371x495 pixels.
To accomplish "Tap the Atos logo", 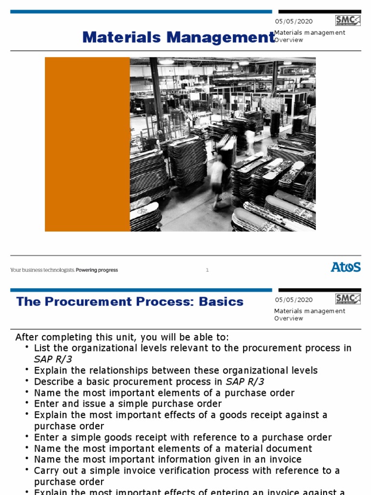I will click(345, 267).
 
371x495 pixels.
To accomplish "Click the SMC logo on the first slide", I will click(348, 20).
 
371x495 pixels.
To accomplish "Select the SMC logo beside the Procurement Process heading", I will click(348, 299).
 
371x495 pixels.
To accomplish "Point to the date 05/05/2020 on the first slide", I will click(294, 21).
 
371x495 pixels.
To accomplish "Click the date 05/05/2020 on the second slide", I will click(294, 300).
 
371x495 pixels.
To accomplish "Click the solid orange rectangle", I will click(87, 144).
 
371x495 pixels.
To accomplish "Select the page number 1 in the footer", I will click(207, 270).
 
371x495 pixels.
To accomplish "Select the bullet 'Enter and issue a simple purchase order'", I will click(128, 404).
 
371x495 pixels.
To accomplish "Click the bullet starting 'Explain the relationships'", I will click(176, 370).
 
